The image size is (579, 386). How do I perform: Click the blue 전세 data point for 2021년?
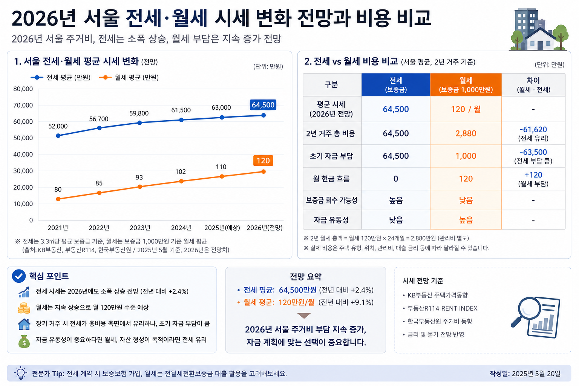(x=58, y=136)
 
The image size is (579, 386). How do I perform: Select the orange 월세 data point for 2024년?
(x=181, y=181)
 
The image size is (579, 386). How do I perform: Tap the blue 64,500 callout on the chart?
(x=263, y=105)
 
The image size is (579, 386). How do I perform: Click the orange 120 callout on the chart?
(x=263, y=161)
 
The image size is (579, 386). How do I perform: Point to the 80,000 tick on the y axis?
(x=23, y=89)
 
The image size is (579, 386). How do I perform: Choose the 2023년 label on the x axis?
(x=140, y=228)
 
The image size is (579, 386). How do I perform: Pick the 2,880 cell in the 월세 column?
(x=466, y=133)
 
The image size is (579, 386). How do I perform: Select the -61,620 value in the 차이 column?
(x=533, y=130)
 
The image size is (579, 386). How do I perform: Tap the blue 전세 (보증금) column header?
(x=396, y=85)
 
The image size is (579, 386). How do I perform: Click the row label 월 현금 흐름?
(x=331, y=179)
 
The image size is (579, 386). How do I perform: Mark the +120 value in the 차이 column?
(x=533, y=175)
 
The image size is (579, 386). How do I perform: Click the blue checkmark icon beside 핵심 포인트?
(x=19, y=276)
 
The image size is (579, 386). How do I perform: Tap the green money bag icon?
(x=24, y=341)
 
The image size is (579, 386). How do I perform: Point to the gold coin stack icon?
(x=24, y=308)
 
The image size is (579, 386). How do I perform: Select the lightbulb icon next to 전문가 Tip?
(x=20, y=373)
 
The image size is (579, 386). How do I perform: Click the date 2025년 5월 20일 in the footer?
(x=536, y=374)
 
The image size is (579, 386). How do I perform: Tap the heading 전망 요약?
(x=306, y=277)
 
